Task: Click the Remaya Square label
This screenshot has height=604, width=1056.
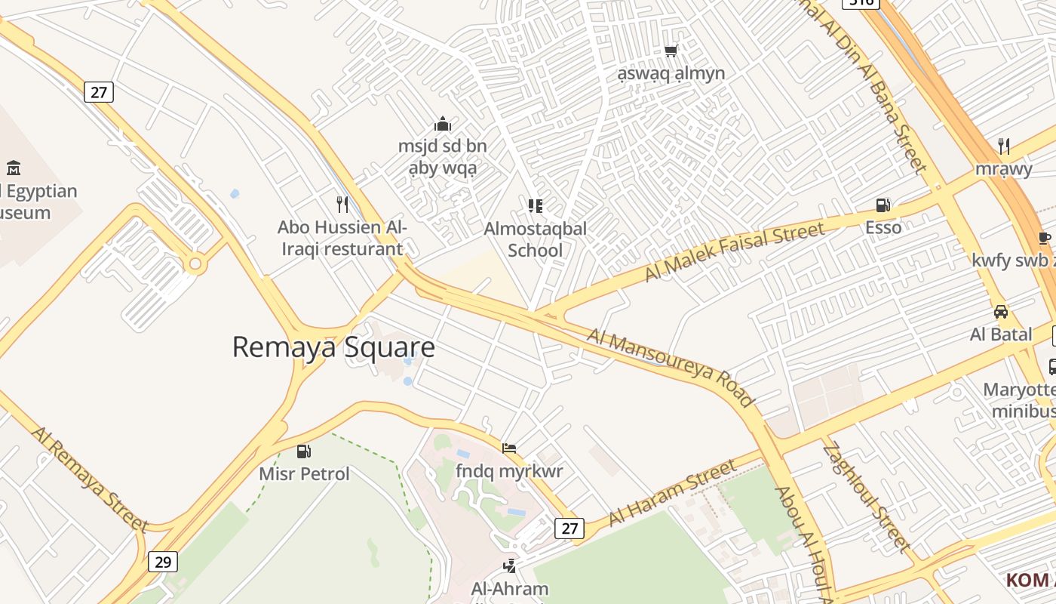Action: [333, 347]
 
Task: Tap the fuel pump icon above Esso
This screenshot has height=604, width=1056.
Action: [883, 205]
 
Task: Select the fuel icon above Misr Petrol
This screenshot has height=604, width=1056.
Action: [304, 451]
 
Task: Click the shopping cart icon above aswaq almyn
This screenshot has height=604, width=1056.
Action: [671, 51]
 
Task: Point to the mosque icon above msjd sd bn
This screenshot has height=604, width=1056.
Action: [443, 124]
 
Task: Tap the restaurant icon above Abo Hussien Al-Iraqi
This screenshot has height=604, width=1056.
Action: [342, 204]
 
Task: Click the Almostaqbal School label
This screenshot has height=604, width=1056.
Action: [535, 239]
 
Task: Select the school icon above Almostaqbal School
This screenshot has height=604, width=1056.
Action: [536, 205]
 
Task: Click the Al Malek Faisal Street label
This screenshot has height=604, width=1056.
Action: [735, 252]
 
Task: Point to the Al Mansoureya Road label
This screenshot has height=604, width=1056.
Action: [670, 367]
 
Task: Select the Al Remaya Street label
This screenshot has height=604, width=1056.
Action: [89, 479]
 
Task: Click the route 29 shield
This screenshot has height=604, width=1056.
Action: [163, 562]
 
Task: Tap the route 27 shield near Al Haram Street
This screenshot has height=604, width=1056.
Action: [569, 528]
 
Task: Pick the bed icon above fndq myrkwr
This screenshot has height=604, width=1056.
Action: [509, 448]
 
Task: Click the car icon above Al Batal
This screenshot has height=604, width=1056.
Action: [1001, 311]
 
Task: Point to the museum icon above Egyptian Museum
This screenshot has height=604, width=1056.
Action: [13, 168]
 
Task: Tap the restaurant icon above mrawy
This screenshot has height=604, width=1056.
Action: [1003, 145]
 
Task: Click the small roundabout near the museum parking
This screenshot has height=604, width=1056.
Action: [196, 264]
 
